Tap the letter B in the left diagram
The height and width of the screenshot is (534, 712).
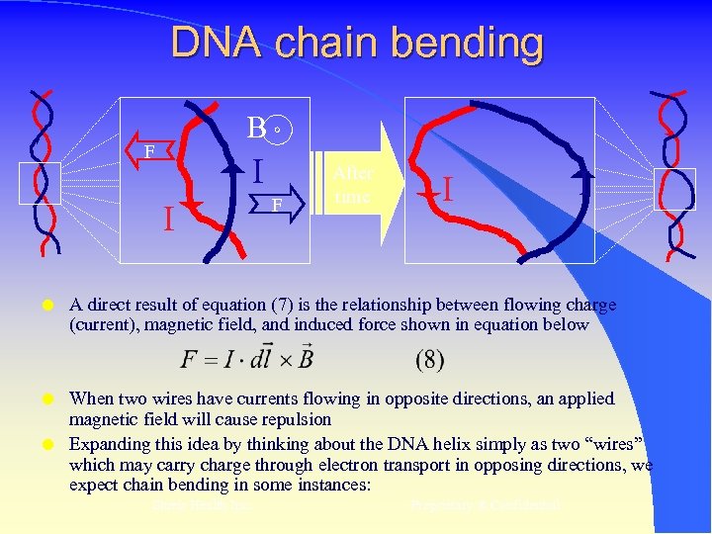point(257,128)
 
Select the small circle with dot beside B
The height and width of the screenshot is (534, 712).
point(280,129)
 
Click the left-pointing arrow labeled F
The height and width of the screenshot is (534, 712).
point(156,151)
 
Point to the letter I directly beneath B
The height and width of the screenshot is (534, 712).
point(257,171)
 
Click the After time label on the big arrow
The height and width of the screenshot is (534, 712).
point(353,185)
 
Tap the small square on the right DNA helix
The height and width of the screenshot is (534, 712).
point(673,188)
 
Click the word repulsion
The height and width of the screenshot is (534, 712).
point(297,418)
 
